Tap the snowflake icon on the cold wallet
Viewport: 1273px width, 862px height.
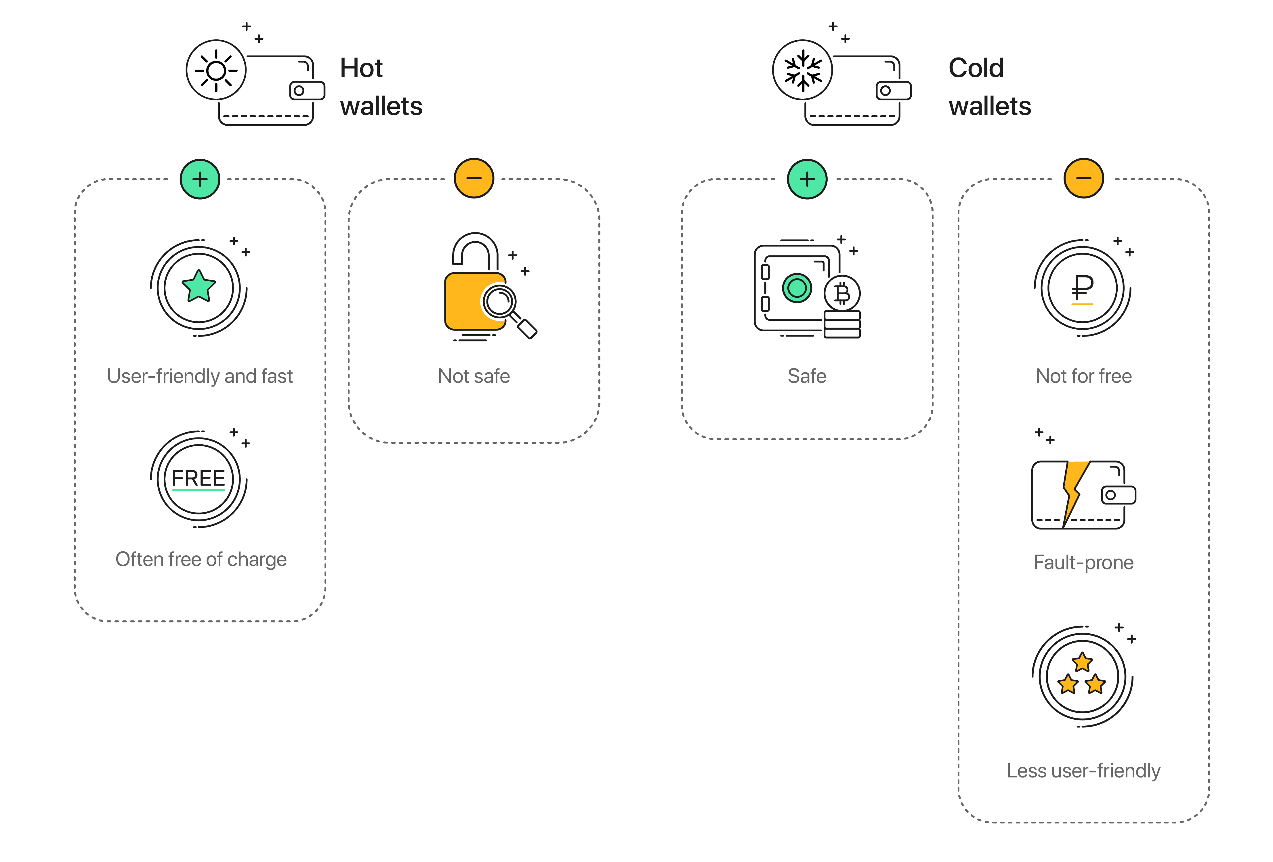tap(802, 70)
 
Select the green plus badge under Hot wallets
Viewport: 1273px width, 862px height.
tap(200, 179)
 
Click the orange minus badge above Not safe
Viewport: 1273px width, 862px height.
tap(474, 178)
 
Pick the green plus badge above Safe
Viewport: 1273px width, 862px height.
tap(807, 179)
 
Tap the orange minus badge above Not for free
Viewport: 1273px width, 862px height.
tap(1083, 178)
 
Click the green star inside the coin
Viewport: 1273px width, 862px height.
tap(198, 286)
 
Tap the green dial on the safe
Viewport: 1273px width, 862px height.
tap(797, 288)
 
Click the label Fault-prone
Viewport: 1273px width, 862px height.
tap(1083, 562)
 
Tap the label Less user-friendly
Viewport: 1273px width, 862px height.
tap(1083, 771)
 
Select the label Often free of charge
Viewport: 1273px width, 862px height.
tap(201, 559)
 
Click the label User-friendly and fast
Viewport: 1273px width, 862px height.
tap(200, 376)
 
